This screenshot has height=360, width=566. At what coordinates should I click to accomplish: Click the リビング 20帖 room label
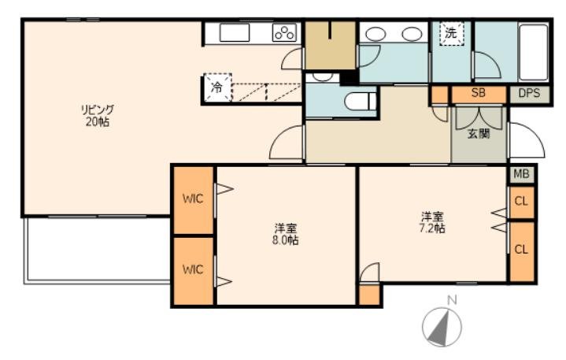coord(98,116)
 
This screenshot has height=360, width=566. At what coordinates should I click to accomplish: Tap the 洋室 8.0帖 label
coord(285,234)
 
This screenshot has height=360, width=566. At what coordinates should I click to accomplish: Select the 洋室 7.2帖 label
coord(432,222)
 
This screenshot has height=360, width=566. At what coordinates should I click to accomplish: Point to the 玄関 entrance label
coord(479,134)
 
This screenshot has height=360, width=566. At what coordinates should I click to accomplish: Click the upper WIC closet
coord(194,199)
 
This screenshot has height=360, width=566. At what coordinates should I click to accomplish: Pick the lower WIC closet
coord(194,270)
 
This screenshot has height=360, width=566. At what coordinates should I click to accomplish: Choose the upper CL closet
coord(521,202)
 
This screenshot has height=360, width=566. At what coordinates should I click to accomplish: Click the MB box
coord(522,174)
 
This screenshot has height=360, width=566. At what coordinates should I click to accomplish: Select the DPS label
coord(529,93)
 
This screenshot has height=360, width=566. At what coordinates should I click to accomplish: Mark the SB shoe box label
coord(479,93)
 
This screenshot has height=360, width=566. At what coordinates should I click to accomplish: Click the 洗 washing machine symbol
coord(451,34)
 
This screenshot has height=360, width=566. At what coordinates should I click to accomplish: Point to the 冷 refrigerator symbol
coord(217,87)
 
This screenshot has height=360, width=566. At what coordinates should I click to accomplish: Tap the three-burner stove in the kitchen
coord(285,32)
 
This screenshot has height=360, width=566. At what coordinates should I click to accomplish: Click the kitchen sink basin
coord(235,32)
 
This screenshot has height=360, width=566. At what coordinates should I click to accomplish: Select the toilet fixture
coord(361,102)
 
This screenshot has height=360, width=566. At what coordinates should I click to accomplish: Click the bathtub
coord(533,52)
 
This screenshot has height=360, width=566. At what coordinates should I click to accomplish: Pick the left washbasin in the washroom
coord(375,35)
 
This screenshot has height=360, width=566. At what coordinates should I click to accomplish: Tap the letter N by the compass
coord(453,300)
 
